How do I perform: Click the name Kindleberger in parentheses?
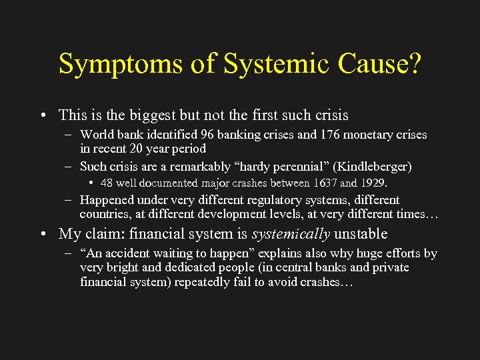(374, 165)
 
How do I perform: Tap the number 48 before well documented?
(107, 182)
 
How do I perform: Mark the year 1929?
(373, 182)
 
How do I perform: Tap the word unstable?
(361, 234)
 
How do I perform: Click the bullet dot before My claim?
(42, 234)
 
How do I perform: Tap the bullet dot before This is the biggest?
(42, 115)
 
